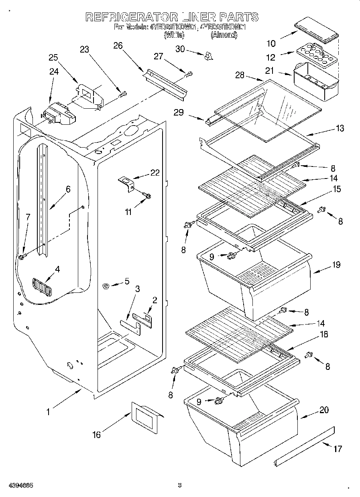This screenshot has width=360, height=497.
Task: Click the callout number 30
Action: point(181,49)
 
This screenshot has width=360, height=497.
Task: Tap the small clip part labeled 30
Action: point(207,56)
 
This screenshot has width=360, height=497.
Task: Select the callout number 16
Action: point(97,434)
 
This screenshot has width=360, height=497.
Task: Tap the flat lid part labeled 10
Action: point(317,30)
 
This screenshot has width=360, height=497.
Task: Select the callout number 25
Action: point(53,57)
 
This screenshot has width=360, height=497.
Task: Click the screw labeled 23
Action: point(123,94)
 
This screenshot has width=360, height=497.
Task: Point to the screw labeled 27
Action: point(189,74)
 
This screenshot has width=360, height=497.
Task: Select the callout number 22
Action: point(155,173)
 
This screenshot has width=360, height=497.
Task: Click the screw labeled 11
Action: point(146,196)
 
